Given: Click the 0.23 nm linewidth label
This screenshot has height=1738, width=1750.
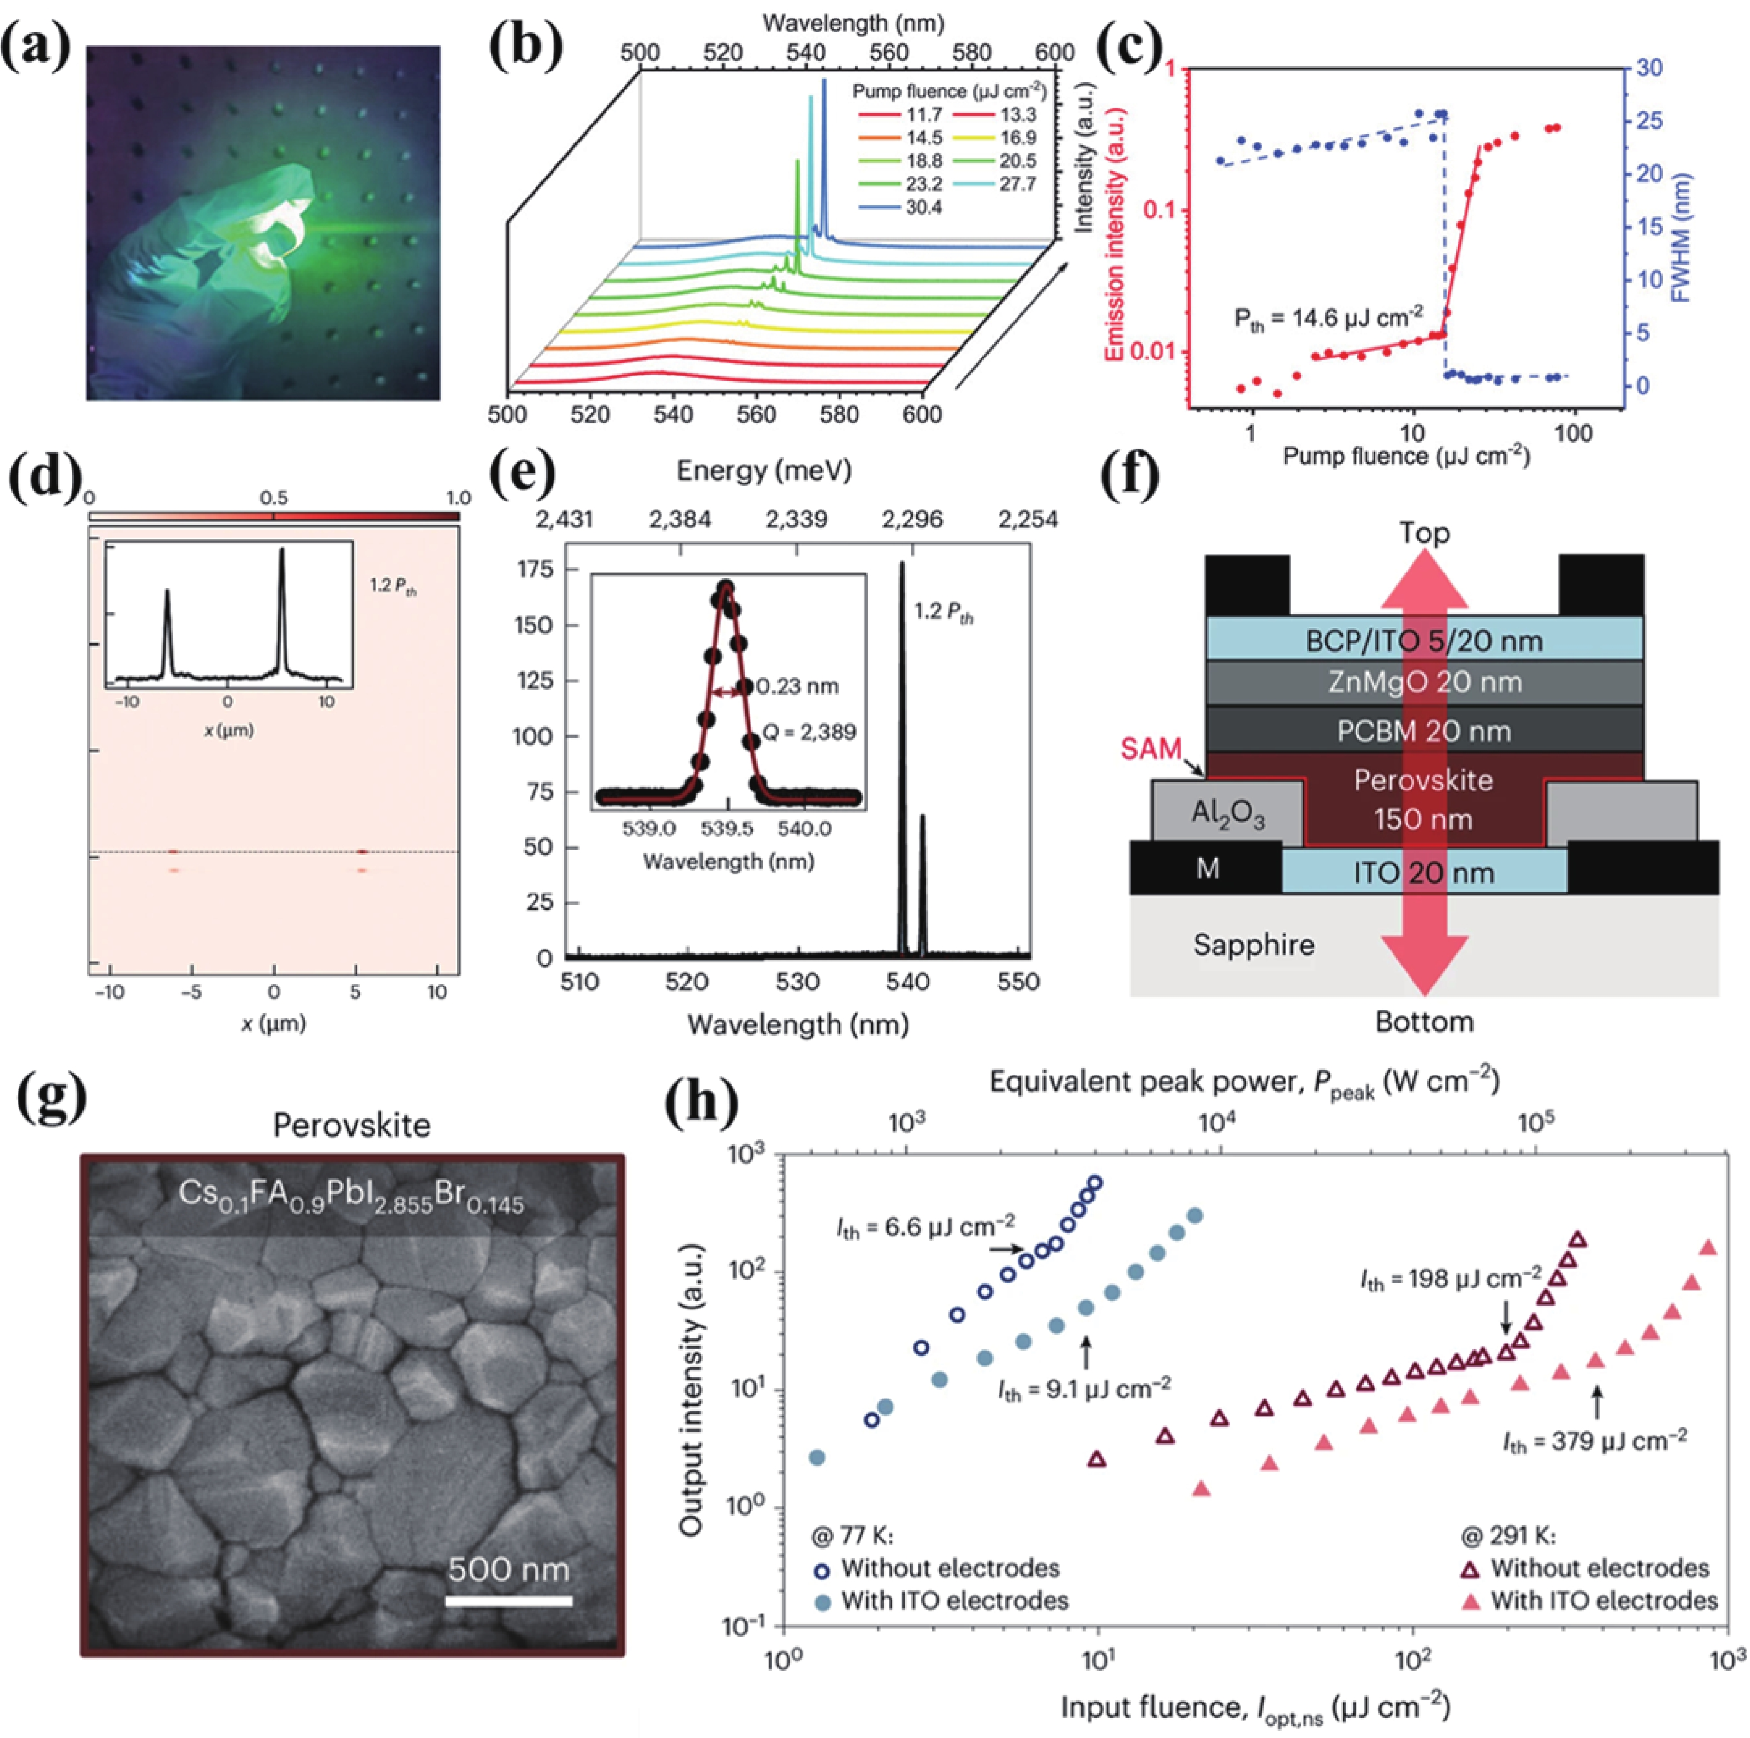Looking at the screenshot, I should [x=797, y=687].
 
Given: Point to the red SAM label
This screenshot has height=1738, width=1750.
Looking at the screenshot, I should [x=1151, y=749].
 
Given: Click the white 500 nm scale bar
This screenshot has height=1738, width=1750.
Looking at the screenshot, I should [x=509, y=1601].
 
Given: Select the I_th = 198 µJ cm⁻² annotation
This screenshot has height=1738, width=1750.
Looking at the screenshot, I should [x=1450, y=1279].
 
